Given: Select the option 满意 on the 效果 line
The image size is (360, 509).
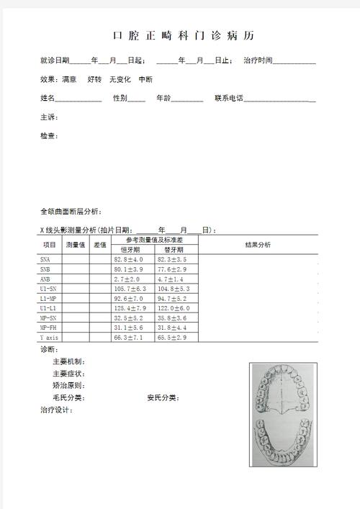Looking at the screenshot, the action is coord(70,79).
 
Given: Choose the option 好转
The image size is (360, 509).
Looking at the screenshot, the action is coord(94,79).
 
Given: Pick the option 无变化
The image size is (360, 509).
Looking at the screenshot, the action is coord(120,79).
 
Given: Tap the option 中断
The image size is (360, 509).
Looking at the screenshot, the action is coord(145,79).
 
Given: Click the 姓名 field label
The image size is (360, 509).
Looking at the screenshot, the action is coord(48,98).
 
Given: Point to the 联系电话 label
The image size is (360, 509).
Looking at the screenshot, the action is coord(230,98).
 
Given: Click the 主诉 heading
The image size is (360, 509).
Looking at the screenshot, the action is coord(49,117).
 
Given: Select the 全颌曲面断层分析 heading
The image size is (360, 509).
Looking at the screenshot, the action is coord(71,212).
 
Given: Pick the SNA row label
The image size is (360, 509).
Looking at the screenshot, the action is coord(45,259).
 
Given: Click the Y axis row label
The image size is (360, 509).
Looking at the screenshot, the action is coord(50,337).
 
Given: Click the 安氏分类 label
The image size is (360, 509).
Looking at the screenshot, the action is coord(163,397).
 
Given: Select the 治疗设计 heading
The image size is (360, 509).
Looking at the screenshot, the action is coord(56,410).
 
